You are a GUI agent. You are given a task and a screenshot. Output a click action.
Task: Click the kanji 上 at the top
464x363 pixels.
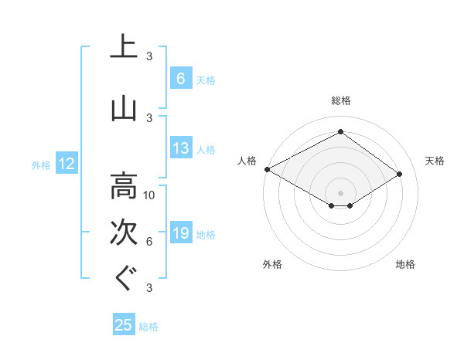[124, 46]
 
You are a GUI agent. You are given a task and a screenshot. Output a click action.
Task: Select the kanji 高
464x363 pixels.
[124, 186]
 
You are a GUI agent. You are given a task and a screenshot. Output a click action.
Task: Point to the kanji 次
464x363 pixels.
[124, 232]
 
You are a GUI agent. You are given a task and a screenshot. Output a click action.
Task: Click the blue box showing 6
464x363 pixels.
[179, 78]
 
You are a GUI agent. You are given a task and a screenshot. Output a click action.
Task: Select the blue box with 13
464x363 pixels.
[180, 148]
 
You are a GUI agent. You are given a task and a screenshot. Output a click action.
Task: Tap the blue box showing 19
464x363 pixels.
[180, 233]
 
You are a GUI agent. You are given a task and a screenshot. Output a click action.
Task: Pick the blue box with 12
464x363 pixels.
[66, 164]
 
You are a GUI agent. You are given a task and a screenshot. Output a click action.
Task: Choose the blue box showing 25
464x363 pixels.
[124, 325]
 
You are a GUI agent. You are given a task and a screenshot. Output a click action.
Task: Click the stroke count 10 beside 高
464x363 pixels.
[149, 195]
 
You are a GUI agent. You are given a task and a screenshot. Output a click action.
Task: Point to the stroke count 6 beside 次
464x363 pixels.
[149, 242]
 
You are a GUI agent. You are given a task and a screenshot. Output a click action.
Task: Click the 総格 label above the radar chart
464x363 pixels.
[340, 100]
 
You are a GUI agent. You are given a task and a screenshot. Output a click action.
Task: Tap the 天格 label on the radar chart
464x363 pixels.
[435, 161]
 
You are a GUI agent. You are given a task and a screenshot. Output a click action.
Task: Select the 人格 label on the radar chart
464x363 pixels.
[247, 161]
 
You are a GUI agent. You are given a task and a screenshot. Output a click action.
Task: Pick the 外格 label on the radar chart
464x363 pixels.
[272, 264]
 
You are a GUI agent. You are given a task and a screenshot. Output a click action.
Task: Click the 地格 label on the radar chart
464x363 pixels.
[406, 264]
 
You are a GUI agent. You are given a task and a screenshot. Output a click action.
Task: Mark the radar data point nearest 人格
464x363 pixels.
[267, 168]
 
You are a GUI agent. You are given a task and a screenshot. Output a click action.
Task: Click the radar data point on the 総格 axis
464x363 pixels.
[340, 132]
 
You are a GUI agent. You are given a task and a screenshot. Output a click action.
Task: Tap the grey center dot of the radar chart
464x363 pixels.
[340, 192]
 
